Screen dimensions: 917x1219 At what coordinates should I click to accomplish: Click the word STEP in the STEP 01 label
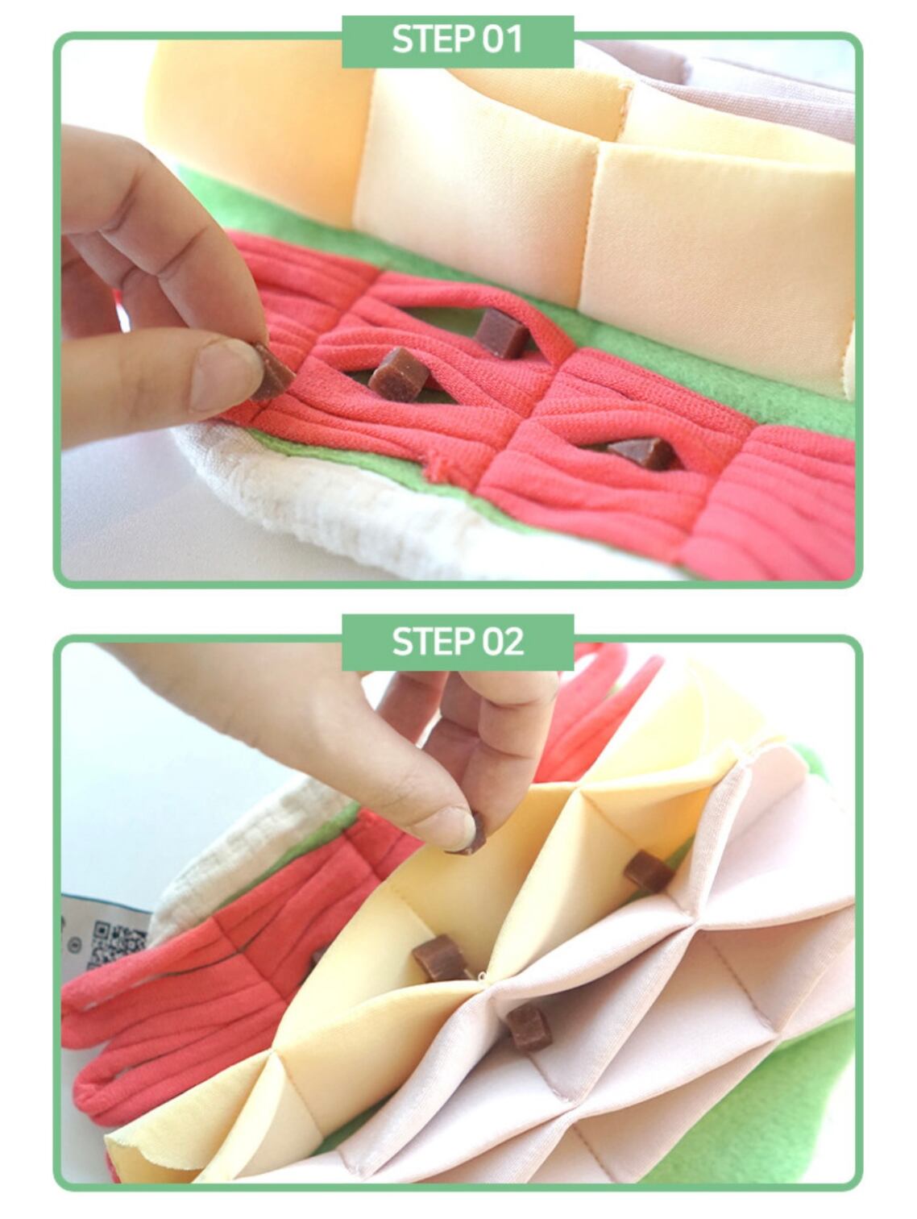pyautogui.click(x=434, y=40)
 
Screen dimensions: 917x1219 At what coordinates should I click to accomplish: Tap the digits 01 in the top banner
pyautogui.click(x=502, y=40)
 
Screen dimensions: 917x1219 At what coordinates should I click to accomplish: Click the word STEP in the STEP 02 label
pyautogui.click(x=434, y=642)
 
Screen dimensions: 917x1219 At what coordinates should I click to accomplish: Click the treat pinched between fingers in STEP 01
pyautogui.click(x=274, y=372)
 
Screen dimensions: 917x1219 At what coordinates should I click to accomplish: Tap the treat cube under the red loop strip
pyautogui.click(x=500, y=332)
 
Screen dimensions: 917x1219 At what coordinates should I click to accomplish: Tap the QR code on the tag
pyautogui.click(x=120, y=943)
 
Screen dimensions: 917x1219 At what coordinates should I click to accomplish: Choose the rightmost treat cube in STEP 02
pyautogui.click(x=647, y=871)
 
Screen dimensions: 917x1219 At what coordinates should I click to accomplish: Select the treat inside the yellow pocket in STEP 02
pyautogui.click(x=442, y=958)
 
